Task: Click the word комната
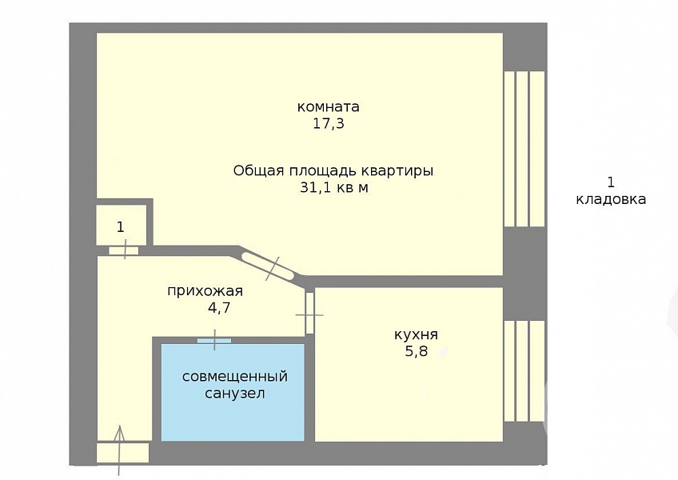click(328, 106)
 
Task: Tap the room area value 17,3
click(328, 124)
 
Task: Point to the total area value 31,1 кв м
click(334, 188)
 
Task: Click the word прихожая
click(205, 291)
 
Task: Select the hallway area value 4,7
click(219, 308)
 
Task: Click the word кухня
click(416, 334)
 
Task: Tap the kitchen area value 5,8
click(416, 351)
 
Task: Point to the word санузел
click(235, 394)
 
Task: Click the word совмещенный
click(235, 377)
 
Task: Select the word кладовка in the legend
click(611, 199)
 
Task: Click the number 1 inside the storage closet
click(121, 226)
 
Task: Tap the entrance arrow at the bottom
click(120, 450)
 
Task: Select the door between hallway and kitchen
click(309, 314)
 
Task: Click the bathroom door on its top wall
click(214, 340)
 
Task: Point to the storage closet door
click(124, 250)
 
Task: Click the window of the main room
click(524, 149)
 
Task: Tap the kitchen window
click(524, 371)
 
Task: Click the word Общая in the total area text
click(251, 171)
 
